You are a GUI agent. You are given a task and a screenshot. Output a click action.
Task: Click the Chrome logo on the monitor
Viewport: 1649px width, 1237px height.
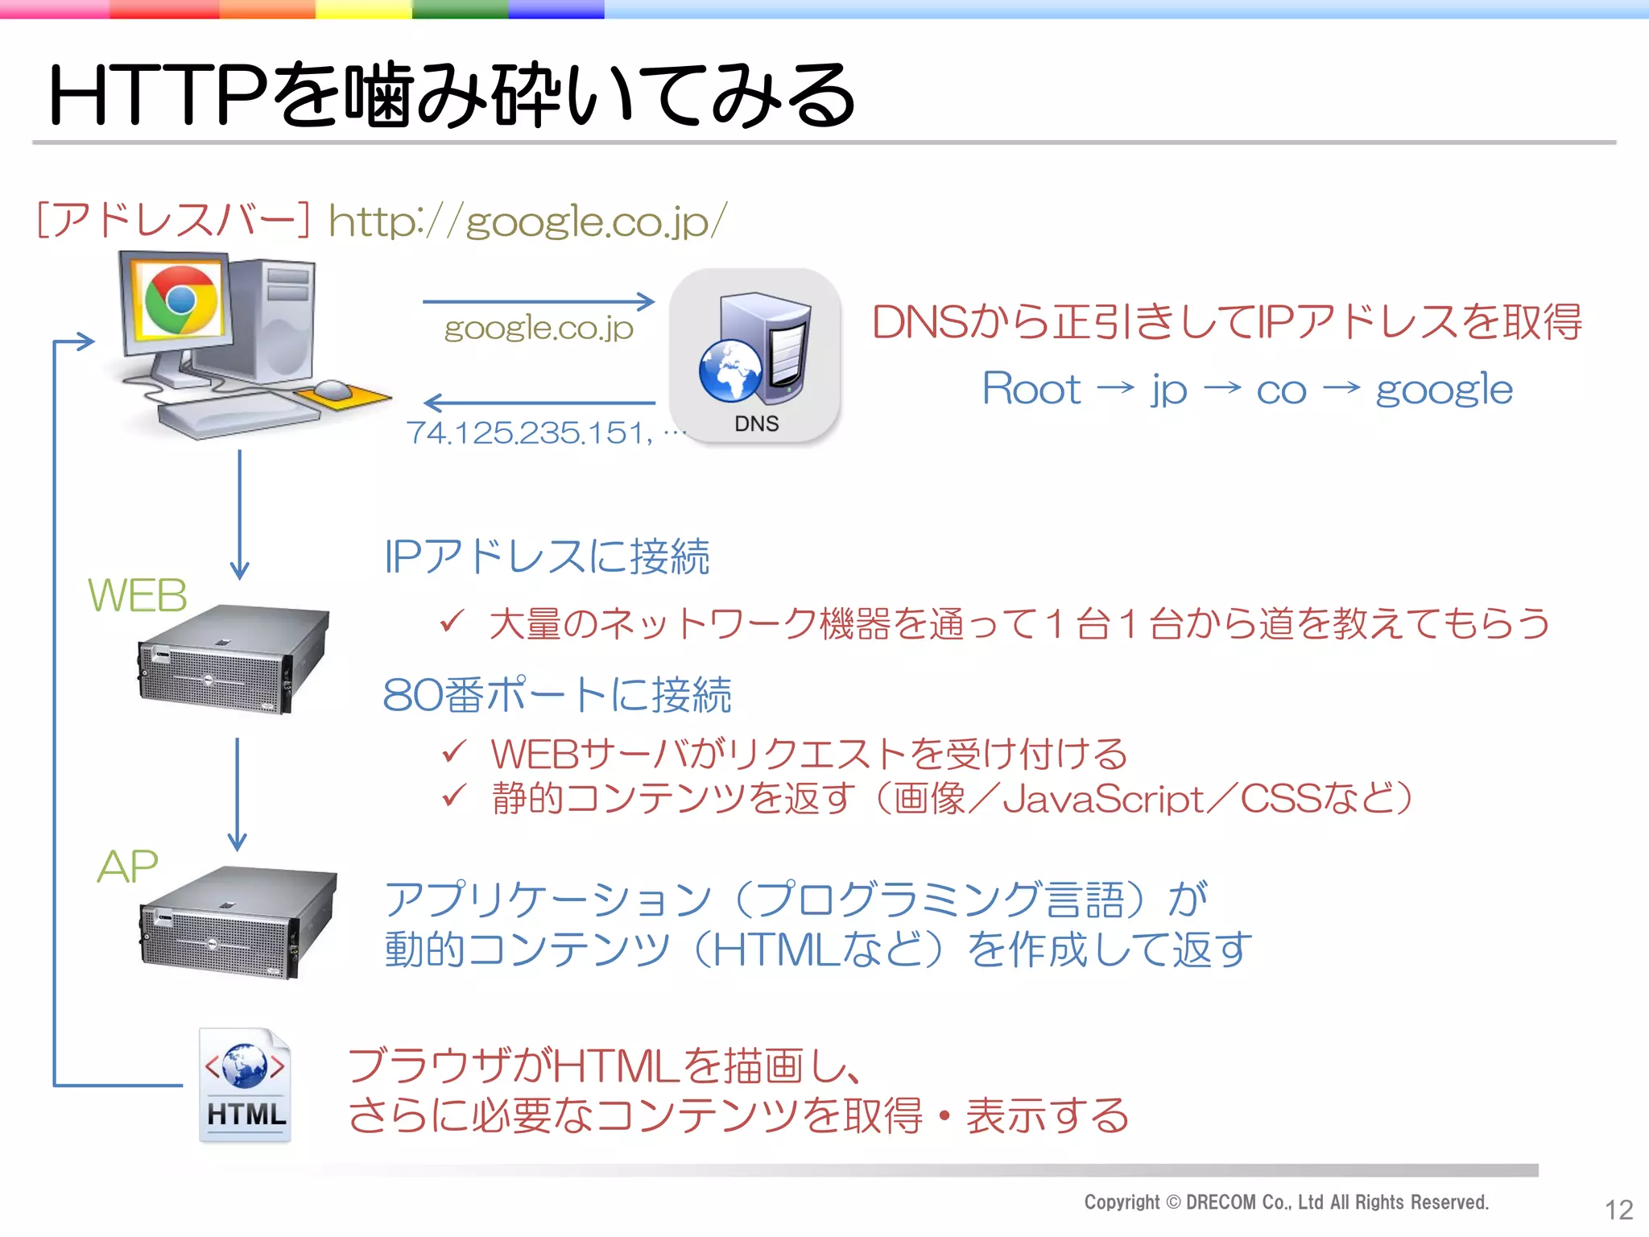click(x=180, y=300)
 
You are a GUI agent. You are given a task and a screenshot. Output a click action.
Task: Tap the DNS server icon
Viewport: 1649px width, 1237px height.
click(x=755, y=355)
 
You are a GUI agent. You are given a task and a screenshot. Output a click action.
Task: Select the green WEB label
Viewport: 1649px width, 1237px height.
click(x=137, y=596)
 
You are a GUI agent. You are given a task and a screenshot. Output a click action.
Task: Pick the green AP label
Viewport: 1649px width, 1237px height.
click(x=127, y=867)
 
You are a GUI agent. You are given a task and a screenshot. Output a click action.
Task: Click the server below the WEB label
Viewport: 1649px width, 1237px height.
click(x=234, y=659)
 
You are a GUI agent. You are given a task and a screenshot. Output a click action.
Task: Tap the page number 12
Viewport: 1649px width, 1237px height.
click(x=1618, y=1210)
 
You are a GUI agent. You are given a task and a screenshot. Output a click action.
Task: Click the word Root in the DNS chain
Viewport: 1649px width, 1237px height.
click(x=1031, y=390)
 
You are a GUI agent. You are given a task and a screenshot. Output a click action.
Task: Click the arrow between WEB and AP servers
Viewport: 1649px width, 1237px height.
click(x=237, y=793)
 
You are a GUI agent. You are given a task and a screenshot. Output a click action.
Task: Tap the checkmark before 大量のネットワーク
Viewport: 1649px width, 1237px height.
click(x=453, y=622)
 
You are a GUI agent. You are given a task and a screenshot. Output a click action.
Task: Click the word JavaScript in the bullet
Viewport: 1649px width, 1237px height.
click(x=1103, y=800)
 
